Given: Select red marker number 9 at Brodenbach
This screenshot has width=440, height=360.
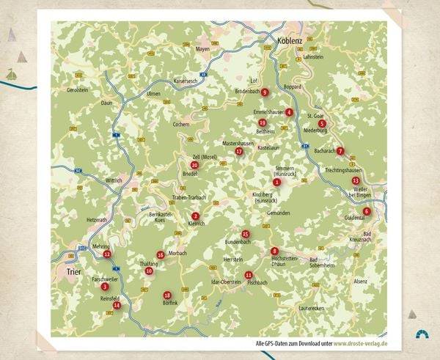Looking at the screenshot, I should pos(265,92).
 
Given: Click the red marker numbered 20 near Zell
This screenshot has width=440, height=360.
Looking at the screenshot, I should pos(194,165).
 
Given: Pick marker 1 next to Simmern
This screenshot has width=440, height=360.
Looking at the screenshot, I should pos(276,182).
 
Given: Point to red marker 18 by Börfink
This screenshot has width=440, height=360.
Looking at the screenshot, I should pos(167,295).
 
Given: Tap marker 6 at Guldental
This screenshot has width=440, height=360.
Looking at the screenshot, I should pos(367,211).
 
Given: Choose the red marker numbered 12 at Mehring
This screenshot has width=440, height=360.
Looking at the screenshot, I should pos(107,254).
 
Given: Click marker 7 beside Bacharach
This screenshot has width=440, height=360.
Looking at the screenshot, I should pos(340,151).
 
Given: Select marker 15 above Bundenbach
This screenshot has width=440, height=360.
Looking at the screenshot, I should pos(246,234).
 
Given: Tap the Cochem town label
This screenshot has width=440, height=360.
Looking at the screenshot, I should pos(180,125).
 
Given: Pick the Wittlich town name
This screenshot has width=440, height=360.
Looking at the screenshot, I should pos(115,180).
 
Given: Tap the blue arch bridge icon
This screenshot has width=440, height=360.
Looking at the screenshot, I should pos(422,334).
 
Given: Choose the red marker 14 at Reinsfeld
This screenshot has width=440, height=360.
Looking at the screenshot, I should pos(117,305).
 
